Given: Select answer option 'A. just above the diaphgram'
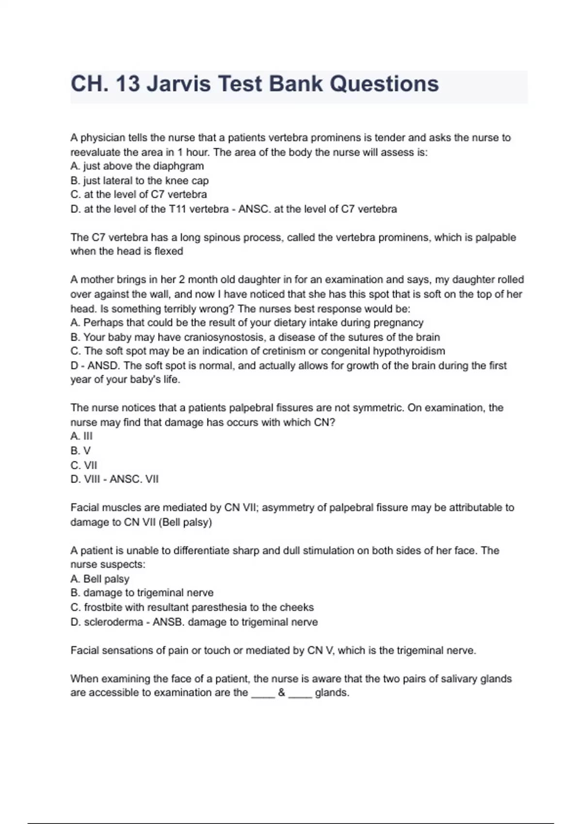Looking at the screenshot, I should tap(137, 166).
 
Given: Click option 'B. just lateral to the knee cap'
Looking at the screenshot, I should tap(139, 180).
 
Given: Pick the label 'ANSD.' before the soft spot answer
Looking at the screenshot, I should tap(104, 365).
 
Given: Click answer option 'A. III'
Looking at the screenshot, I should tap(81, 436).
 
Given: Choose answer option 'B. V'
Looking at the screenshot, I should tap(81, 450).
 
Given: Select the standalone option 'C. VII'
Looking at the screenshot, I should tap(83, 465).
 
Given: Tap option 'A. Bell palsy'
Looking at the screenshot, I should tap(100, 579).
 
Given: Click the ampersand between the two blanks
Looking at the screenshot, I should tap(281, 693).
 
